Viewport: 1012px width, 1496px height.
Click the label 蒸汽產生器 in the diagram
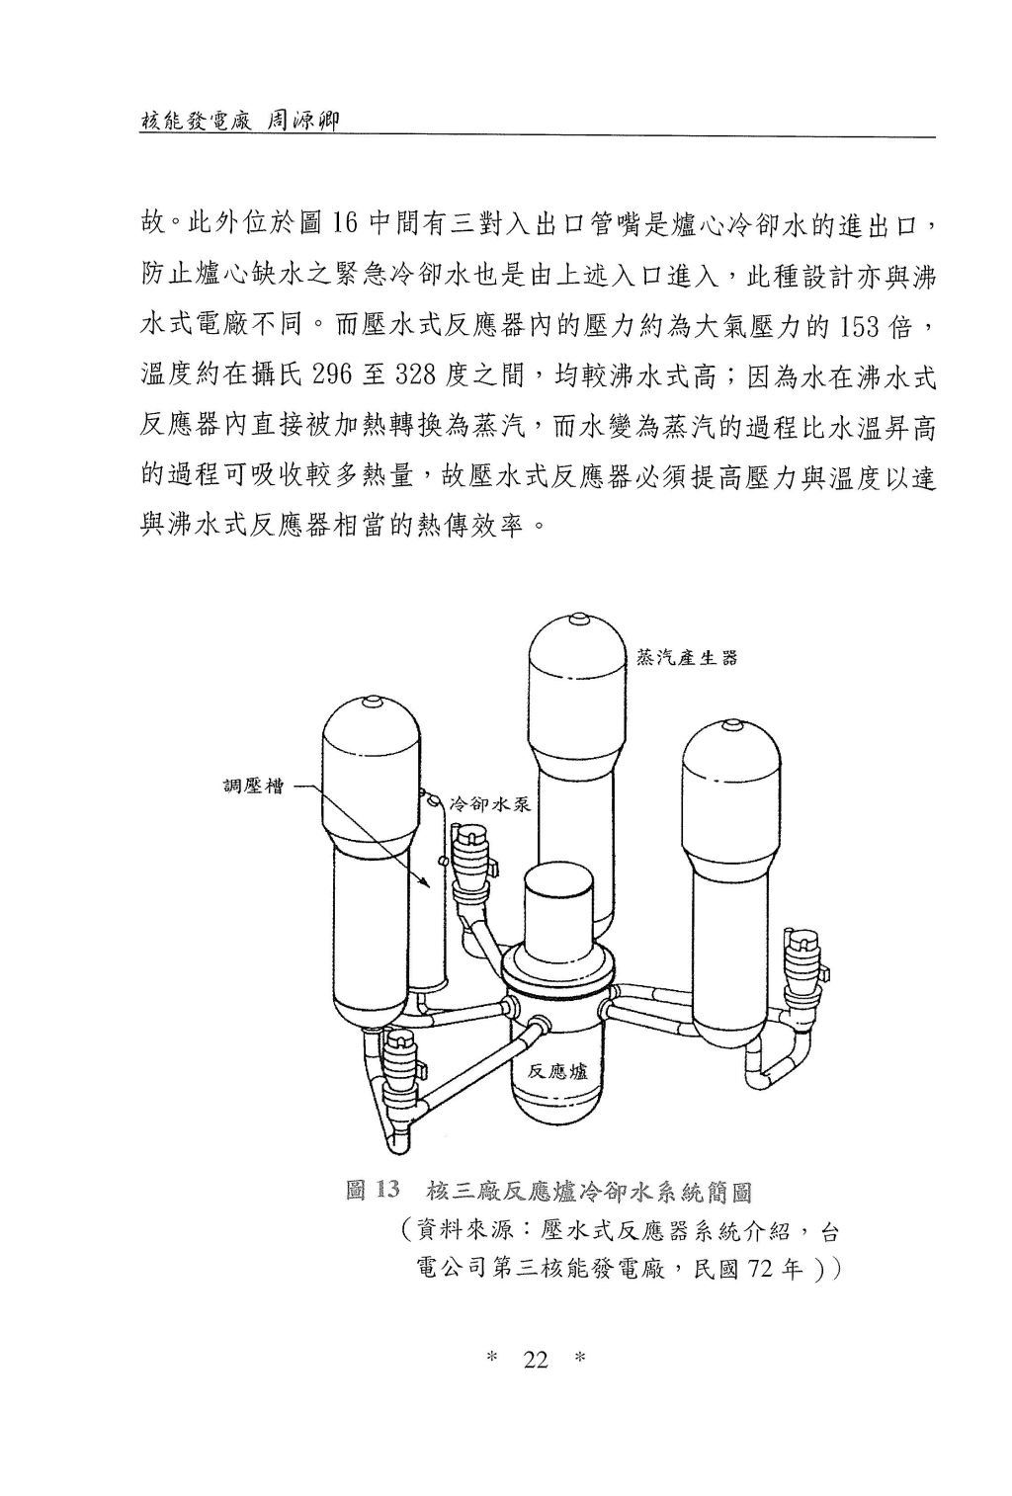pos(687,658)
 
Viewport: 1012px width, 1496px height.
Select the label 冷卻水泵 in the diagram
pos(491,804)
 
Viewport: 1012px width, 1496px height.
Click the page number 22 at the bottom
pos(536,1361)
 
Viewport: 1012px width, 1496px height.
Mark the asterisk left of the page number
pos(492,1361)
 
